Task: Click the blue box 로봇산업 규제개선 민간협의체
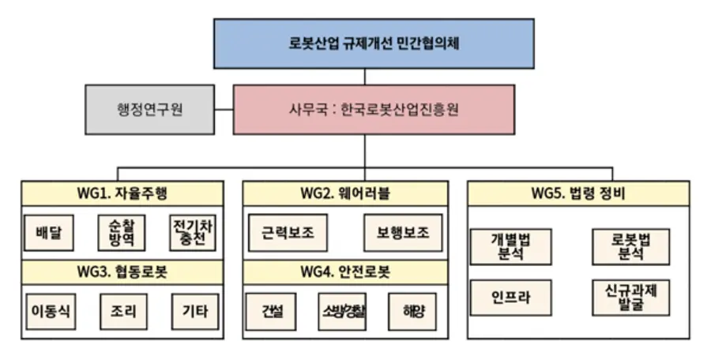(363, 43)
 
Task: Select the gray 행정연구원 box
(149, 109)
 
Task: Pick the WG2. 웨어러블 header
(345, 193)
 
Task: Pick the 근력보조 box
(287, 233)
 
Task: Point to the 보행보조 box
(403, 233)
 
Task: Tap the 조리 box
(125, 311)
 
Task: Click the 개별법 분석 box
(510, 246)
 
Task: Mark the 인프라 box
(510, 298)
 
